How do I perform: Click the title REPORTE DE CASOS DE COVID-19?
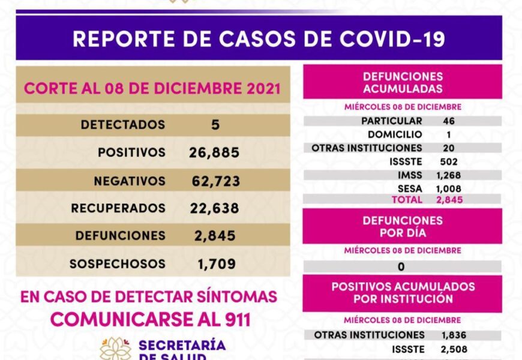259,38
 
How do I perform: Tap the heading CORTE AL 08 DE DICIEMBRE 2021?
152,89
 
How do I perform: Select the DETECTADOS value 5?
216,125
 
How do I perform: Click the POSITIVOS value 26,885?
214,152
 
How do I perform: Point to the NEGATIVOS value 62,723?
214,181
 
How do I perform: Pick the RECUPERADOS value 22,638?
214,208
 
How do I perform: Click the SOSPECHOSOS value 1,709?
217,263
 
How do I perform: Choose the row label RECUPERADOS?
118,208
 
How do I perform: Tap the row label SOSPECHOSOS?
117,263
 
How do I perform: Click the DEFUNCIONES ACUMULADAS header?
403,83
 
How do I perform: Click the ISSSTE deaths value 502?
448,161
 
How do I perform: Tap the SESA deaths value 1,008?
449,189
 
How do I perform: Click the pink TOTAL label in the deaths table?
407,199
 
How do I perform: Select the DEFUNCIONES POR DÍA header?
403,226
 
